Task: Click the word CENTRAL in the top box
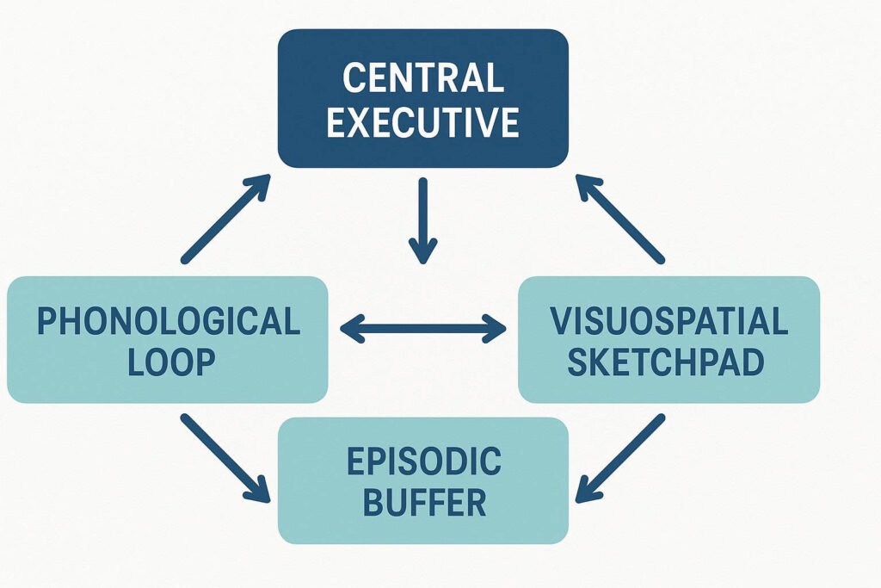[x=422, y=78]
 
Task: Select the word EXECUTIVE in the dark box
[x=422, y=123]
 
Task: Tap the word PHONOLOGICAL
[x=169, y=321]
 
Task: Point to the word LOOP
[x=169, y=362]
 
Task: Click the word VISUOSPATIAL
[x=668, y=321]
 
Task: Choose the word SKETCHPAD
[x=668, y=362]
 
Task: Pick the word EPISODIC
[x=423, y=462]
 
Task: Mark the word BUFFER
[x=423, y=503]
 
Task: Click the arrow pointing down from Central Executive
[x=422, y=220]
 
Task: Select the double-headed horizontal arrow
[x=423, y=327]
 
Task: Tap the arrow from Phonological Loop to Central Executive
[x=226, y=219]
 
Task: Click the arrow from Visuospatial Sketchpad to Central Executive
[x=619, y=219]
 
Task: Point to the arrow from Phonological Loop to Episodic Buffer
[x=225, y=458]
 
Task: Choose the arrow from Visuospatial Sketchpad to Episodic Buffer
[x=619, y=458]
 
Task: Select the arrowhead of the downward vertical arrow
[x=422, y=251]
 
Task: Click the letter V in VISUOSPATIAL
[x=560, y=321]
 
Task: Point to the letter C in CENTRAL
[x=354, y=78]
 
